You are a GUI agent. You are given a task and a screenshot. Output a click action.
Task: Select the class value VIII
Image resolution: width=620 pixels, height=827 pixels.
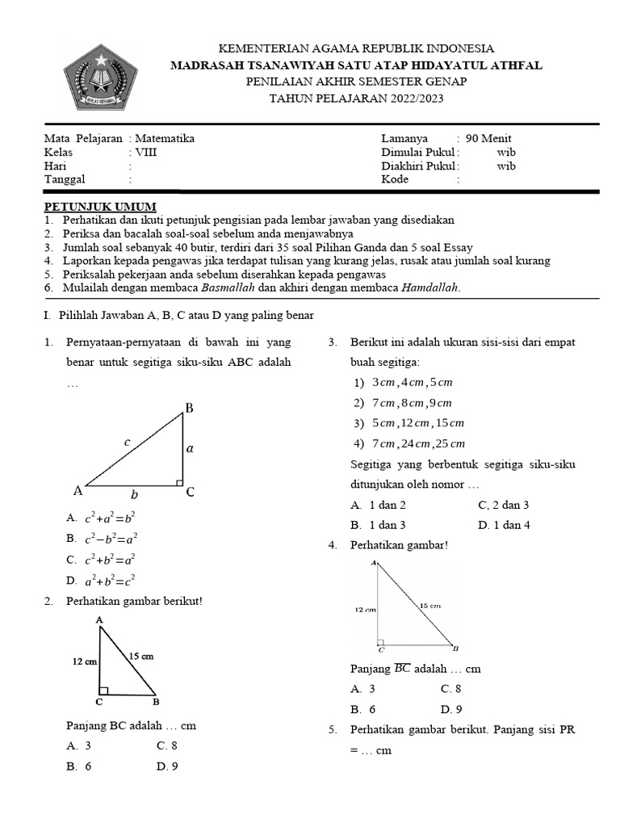point(146,152)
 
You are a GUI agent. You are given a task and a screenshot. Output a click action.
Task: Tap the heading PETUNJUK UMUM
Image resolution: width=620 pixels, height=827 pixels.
point(100,206)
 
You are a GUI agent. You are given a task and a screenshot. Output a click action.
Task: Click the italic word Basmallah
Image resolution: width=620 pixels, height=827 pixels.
point(228,288)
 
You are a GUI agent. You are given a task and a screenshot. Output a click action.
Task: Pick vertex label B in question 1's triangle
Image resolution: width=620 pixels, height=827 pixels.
point(190,409)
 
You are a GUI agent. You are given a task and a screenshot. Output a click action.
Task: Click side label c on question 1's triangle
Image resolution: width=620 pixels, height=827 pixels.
point(127,442)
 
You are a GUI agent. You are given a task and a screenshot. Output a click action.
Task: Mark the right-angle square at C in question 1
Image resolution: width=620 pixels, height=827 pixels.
point(179,482)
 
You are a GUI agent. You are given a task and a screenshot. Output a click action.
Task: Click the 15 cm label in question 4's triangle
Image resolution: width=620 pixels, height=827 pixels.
point(429,605)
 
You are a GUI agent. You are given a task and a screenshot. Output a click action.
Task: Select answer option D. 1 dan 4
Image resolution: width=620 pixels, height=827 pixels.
point(504,525)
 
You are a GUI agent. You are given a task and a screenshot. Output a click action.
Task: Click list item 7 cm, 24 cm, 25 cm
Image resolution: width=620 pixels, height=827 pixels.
point(409,443)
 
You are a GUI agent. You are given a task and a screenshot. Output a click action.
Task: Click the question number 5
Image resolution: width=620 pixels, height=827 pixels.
point(332,730)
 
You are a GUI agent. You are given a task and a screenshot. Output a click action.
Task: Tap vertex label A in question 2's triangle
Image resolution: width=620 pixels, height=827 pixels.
point(99,619)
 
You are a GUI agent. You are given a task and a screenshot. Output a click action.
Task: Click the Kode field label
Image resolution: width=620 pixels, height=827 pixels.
point(395,179)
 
